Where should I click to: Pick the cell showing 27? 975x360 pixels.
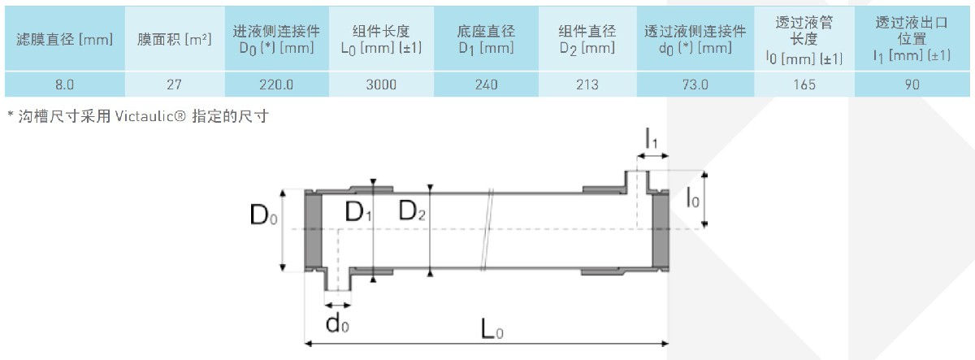(x=173, y=85)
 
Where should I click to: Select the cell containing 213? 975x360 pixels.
(x=587, y=85)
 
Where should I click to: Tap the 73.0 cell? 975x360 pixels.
(x=695, y=85)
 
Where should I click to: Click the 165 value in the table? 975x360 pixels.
(x=804, y=85)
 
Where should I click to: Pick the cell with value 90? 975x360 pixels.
(x=912, y=85)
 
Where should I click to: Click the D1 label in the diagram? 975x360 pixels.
(x=357, y=213)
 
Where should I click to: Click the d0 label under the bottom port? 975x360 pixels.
(x=337, y=323)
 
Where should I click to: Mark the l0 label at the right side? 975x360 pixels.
(x=691, y=197)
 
